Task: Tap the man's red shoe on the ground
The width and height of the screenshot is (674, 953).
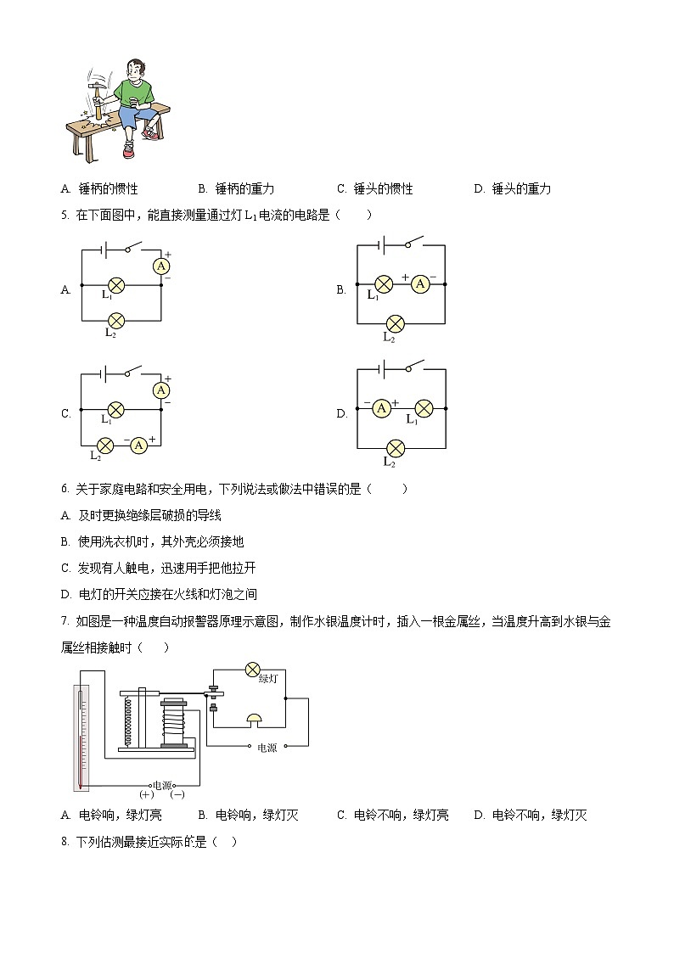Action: tap(128, 151)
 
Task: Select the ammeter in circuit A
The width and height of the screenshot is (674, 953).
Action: tap(161, 266)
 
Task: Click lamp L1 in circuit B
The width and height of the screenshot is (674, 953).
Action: tap(384, 284)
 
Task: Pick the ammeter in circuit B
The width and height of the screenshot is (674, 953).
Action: tap(419, 284)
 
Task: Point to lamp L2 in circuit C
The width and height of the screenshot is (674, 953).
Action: tap(105, 445)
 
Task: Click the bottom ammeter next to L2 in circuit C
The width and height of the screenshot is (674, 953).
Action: tap(141, 445)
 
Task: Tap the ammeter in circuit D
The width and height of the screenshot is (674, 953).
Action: tap(382, 408)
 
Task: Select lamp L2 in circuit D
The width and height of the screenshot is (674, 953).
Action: tap(395, 447)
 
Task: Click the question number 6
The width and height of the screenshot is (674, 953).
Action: tap(65, 489)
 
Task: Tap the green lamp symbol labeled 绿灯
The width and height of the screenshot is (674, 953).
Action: tap(252, 670)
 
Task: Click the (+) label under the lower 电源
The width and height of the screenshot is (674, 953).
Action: tap(145, 795)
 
